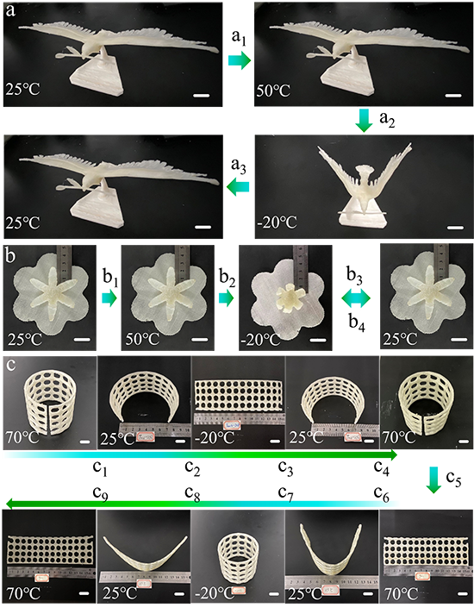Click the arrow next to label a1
[x=240, y=60]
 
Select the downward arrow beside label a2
[x=364, y=120]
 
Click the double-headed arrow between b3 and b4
[x=356, y=299]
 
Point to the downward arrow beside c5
[x=433, y=479]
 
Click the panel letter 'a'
[x=10, y=10]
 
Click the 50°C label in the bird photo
[x=273, y=91]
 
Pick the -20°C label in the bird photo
[x=278, y=222]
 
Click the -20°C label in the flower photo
[x=260, y=339]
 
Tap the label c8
[x=192, y=494]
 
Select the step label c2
[x=192, y=468]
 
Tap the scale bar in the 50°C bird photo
[x=453, y=95]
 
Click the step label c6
[x=381, y=494]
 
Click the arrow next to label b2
[x=227, y=298]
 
